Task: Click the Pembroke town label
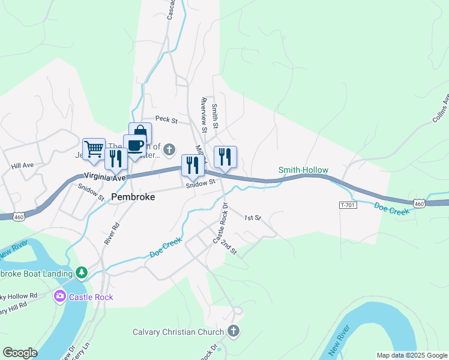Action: (x=133, y=197)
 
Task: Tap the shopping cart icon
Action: (x=94, y=149)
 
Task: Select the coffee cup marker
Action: (x=134, y=145)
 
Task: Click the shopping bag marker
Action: (x=140, y=132)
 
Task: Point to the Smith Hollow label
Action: (x=303, y=170)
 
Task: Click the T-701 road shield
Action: (x=348, y=205)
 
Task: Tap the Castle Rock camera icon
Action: (x=59, y=296)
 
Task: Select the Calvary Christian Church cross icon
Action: (x=234, y=331)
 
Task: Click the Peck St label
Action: (x=166, y=121)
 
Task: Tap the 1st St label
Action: (x=253, y=218)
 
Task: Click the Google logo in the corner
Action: (x=20, y=353)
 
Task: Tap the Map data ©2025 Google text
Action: (x=412, y=355)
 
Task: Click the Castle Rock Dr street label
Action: (x=220, y=223)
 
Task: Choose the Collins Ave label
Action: (x=441, y=108)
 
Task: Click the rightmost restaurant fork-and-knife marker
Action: (x=225, y=157)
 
